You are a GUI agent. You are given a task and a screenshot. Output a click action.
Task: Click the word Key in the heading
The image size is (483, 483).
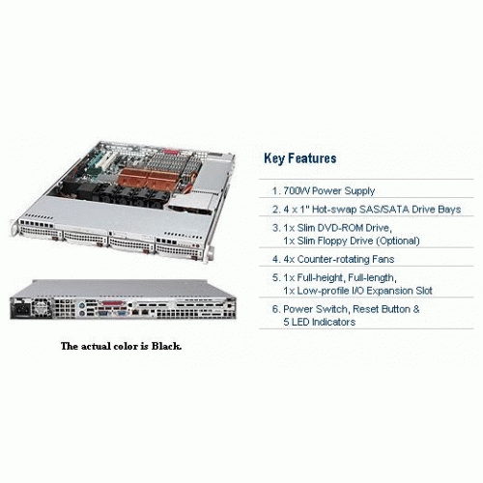point(273,158)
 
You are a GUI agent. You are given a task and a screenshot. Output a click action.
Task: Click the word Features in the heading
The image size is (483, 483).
point(312,158)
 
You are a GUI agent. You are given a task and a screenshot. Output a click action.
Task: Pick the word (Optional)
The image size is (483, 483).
point(398,241)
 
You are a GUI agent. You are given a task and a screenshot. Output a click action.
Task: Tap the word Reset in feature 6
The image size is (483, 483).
point(365,309)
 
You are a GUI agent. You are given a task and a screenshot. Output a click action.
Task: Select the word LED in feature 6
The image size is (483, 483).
point(300,322)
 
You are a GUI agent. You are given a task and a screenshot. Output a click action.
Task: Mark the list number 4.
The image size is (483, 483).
point(275,259)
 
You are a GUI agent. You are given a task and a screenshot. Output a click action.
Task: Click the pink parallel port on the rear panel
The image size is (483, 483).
point(113,303)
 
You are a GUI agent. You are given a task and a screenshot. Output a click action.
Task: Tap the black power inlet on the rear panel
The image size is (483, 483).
point(21,311)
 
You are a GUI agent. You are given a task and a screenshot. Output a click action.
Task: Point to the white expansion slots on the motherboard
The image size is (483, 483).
point(104,160)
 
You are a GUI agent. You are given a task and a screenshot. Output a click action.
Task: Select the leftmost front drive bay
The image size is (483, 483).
point(41,232)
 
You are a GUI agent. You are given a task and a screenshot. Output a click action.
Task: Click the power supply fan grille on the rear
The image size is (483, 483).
point(42,306)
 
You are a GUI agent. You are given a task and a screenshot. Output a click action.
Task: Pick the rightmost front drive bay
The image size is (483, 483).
point(179,250)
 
